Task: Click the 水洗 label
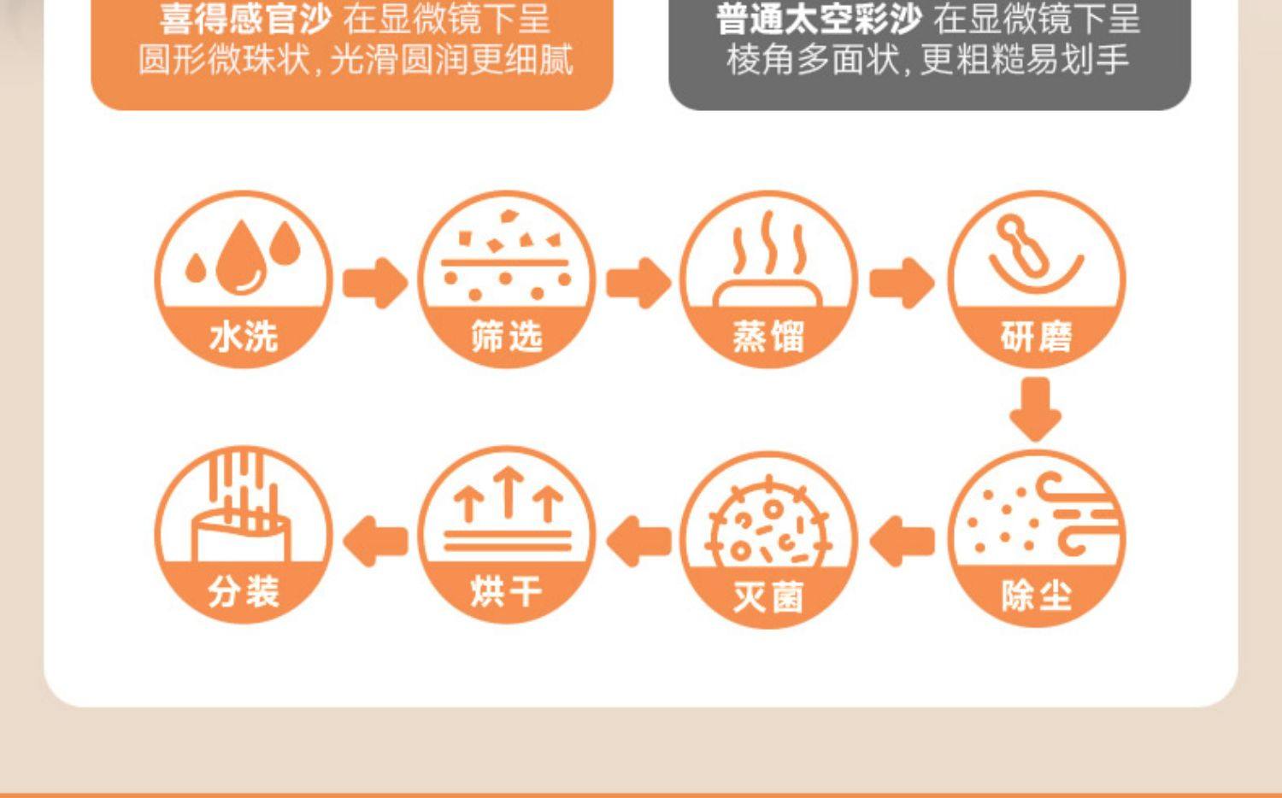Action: (244, 337)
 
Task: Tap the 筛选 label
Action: (507, 337)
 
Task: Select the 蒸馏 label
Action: (768, 337)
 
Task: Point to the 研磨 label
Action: (1036, 337)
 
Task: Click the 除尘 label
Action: (1036, 596)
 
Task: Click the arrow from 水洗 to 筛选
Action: (375, 282)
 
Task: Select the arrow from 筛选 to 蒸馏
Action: (638, 282)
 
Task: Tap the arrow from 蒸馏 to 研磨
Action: (902, 282)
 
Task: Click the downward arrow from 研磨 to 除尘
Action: (1036, 409)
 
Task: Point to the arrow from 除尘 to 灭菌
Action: (902, 541)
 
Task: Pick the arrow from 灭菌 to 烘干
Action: (638, 541)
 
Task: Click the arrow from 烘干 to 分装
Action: (375, 541)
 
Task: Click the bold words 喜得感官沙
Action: (245, 20)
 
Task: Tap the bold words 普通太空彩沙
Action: (818, 20)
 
